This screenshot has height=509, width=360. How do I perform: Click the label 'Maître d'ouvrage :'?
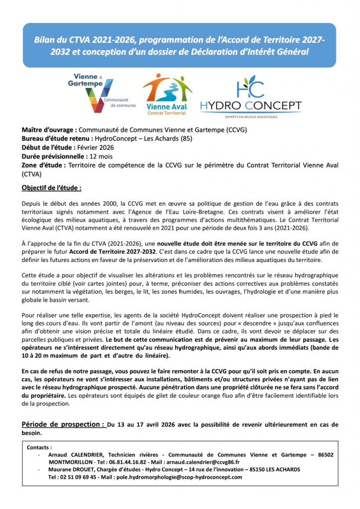[49, 130]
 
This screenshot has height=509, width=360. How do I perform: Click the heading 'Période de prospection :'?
[63, 424]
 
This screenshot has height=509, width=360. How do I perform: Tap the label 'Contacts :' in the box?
[39, 447]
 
